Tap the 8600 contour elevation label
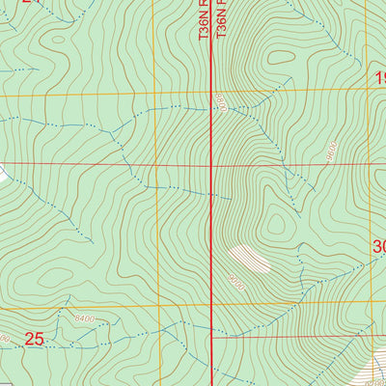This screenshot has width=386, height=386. pyautogui.click(x=331, y=152)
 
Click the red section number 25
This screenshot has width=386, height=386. pyautogui.click(x=35, y=339)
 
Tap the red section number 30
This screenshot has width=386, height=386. pyautogui.click(x=378, y=248)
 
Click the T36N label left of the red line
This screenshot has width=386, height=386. pyautogui.click(x=203, y=19)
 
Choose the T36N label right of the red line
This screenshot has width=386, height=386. pyautogui.click(x=223, y=19)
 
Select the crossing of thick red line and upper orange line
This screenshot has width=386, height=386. pyautogui.click(x=212, y=92)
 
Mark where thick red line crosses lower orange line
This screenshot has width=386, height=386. pyautogui.click(x=212, y=307)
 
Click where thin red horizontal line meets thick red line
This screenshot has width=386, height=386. pyautogui.click(x=212, y=165)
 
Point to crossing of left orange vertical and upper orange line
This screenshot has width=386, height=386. pyautogui.click(x=154, y=93)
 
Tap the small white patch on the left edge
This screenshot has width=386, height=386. pyautogui.click(x=3, y=173)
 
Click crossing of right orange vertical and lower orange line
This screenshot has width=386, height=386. pyautogui.click(x=372, y=307)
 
